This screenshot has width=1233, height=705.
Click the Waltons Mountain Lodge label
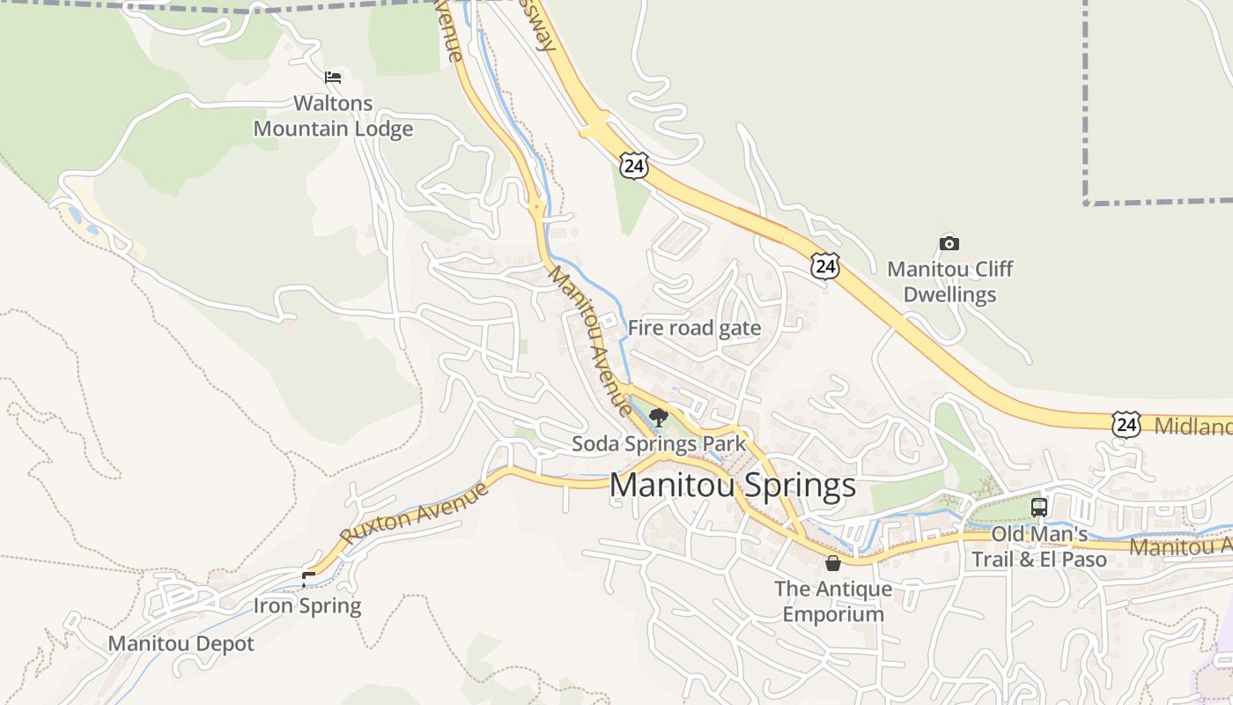[x=333, y=116]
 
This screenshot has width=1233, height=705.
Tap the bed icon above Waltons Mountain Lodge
[x=333, y=78]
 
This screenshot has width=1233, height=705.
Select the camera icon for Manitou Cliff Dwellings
[x=949, y=243]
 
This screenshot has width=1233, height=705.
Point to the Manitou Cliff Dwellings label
[x=949, y=281]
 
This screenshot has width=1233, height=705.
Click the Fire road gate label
[x=694, y=329]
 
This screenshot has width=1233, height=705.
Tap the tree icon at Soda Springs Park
[x=658, y=417]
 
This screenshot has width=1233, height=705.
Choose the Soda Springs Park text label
[x=659, y=444]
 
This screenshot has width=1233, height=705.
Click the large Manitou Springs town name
[x=732, y=485]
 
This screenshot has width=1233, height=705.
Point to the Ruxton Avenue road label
[x=414, y=513]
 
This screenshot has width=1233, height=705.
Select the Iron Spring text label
[x=307, y=605]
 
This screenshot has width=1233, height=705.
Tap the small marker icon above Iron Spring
[x=307, y=579]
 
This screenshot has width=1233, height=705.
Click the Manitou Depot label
[x=181, y=643]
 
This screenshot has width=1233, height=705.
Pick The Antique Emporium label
[x=833, y=601]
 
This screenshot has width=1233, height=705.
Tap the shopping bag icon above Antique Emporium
[x=833, y=563]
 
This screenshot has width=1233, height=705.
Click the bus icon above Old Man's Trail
[x=1039, y=508]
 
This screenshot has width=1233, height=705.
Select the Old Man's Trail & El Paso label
[x=1039, y=546]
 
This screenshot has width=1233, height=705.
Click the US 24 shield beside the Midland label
[x=1126, y=424]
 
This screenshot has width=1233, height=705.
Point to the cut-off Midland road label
[x=1193, y=427]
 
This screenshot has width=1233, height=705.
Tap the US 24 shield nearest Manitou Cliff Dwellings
[x=825, y=265]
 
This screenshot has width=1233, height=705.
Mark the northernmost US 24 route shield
[x=633, y=164]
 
